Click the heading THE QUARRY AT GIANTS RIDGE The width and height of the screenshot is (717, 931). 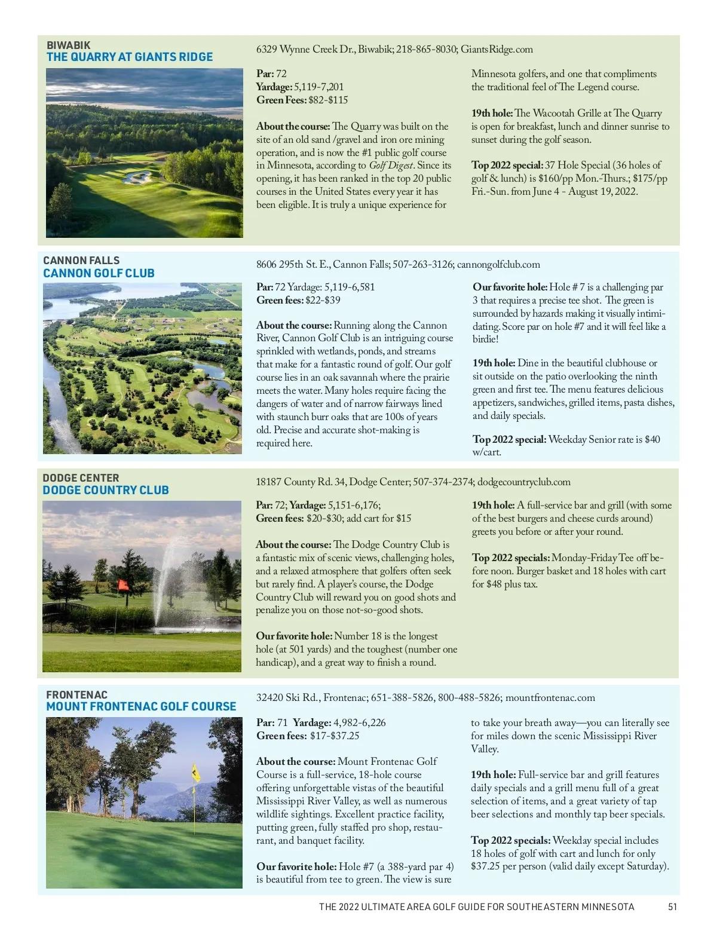tap(130, 57)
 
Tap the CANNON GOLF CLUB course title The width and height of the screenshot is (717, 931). tap(99, 274)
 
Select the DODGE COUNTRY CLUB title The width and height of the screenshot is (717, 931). tap(106, 491)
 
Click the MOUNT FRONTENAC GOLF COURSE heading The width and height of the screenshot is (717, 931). tap(141, 707)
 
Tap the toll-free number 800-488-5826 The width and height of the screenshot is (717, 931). tap(469, 698)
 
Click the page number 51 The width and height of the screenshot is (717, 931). tap(672, 907)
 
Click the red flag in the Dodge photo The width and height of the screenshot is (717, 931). tap(124, 586)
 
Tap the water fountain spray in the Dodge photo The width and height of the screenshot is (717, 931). tap(167, 574)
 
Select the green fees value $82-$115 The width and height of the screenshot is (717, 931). tap(328, 100)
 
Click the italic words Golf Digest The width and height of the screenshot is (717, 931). tap(390, 166)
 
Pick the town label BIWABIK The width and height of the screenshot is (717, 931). tap(69, 45)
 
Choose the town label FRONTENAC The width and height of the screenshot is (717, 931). tap(76, 695)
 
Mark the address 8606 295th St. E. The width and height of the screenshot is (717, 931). tap(292, 265)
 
